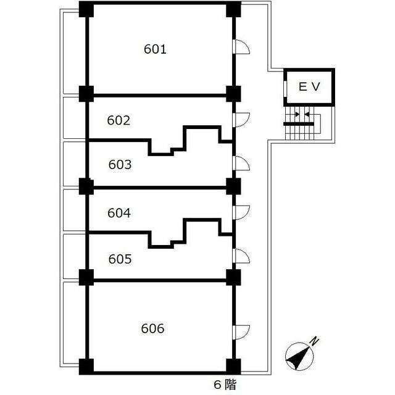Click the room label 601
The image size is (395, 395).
point(155,49)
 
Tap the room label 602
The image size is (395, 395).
point(118,120)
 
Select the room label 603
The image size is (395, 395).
point(120,165)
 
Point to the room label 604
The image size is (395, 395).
point(119,213)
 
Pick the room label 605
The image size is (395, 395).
point(120,259)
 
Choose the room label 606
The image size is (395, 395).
point(152,328)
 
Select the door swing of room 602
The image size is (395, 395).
point(241,118)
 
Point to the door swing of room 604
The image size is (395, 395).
point(241,210)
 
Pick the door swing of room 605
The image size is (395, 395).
point(241,256)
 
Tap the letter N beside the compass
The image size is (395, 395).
point(314,340)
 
